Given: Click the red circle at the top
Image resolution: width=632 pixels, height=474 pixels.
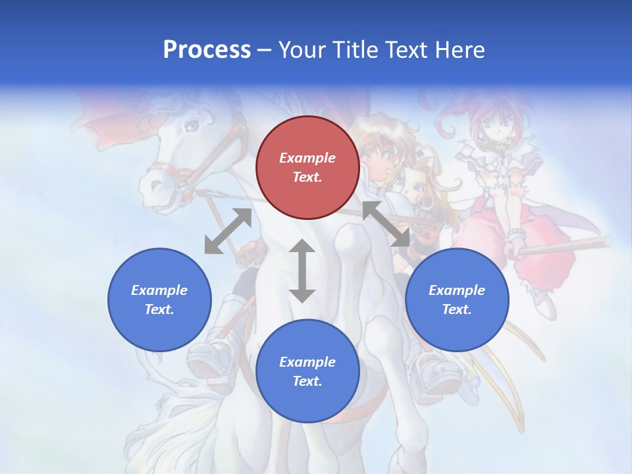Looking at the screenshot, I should (307, 167).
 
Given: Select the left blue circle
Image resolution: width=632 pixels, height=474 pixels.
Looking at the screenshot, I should (159, 300).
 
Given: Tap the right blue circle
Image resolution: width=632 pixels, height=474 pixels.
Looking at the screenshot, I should (456, 300).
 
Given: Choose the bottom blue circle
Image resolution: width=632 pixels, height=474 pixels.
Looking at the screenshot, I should (307, 371).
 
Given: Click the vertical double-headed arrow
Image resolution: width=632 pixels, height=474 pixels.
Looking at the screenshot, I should (302, 271).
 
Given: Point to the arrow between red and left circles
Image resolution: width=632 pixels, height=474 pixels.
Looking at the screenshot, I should (228, 231).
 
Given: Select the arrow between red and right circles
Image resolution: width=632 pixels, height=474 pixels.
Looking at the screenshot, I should (386, 224).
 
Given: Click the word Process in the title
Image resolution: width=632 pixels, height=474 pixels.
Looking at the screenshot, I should (207, 50).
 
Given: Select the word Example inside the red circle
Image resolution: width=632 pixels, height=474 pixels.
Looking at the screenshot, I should (307, 158).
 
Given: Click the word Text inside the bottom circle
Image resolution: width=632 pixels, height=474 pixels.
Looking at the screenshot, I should (307, 381).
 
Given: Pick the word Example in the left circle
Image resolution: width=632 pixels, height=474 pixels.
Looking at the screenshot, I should (159, 290).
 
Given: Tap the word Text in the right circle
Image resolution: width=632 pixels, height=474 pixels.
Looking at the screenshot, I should (456, 309).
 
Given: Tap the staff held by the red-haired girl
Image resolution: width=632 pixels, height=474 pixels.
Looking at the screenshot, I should (566, 246).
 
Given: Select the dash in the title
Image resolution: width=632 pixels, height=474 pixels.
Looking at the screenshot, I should (265, 50).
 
